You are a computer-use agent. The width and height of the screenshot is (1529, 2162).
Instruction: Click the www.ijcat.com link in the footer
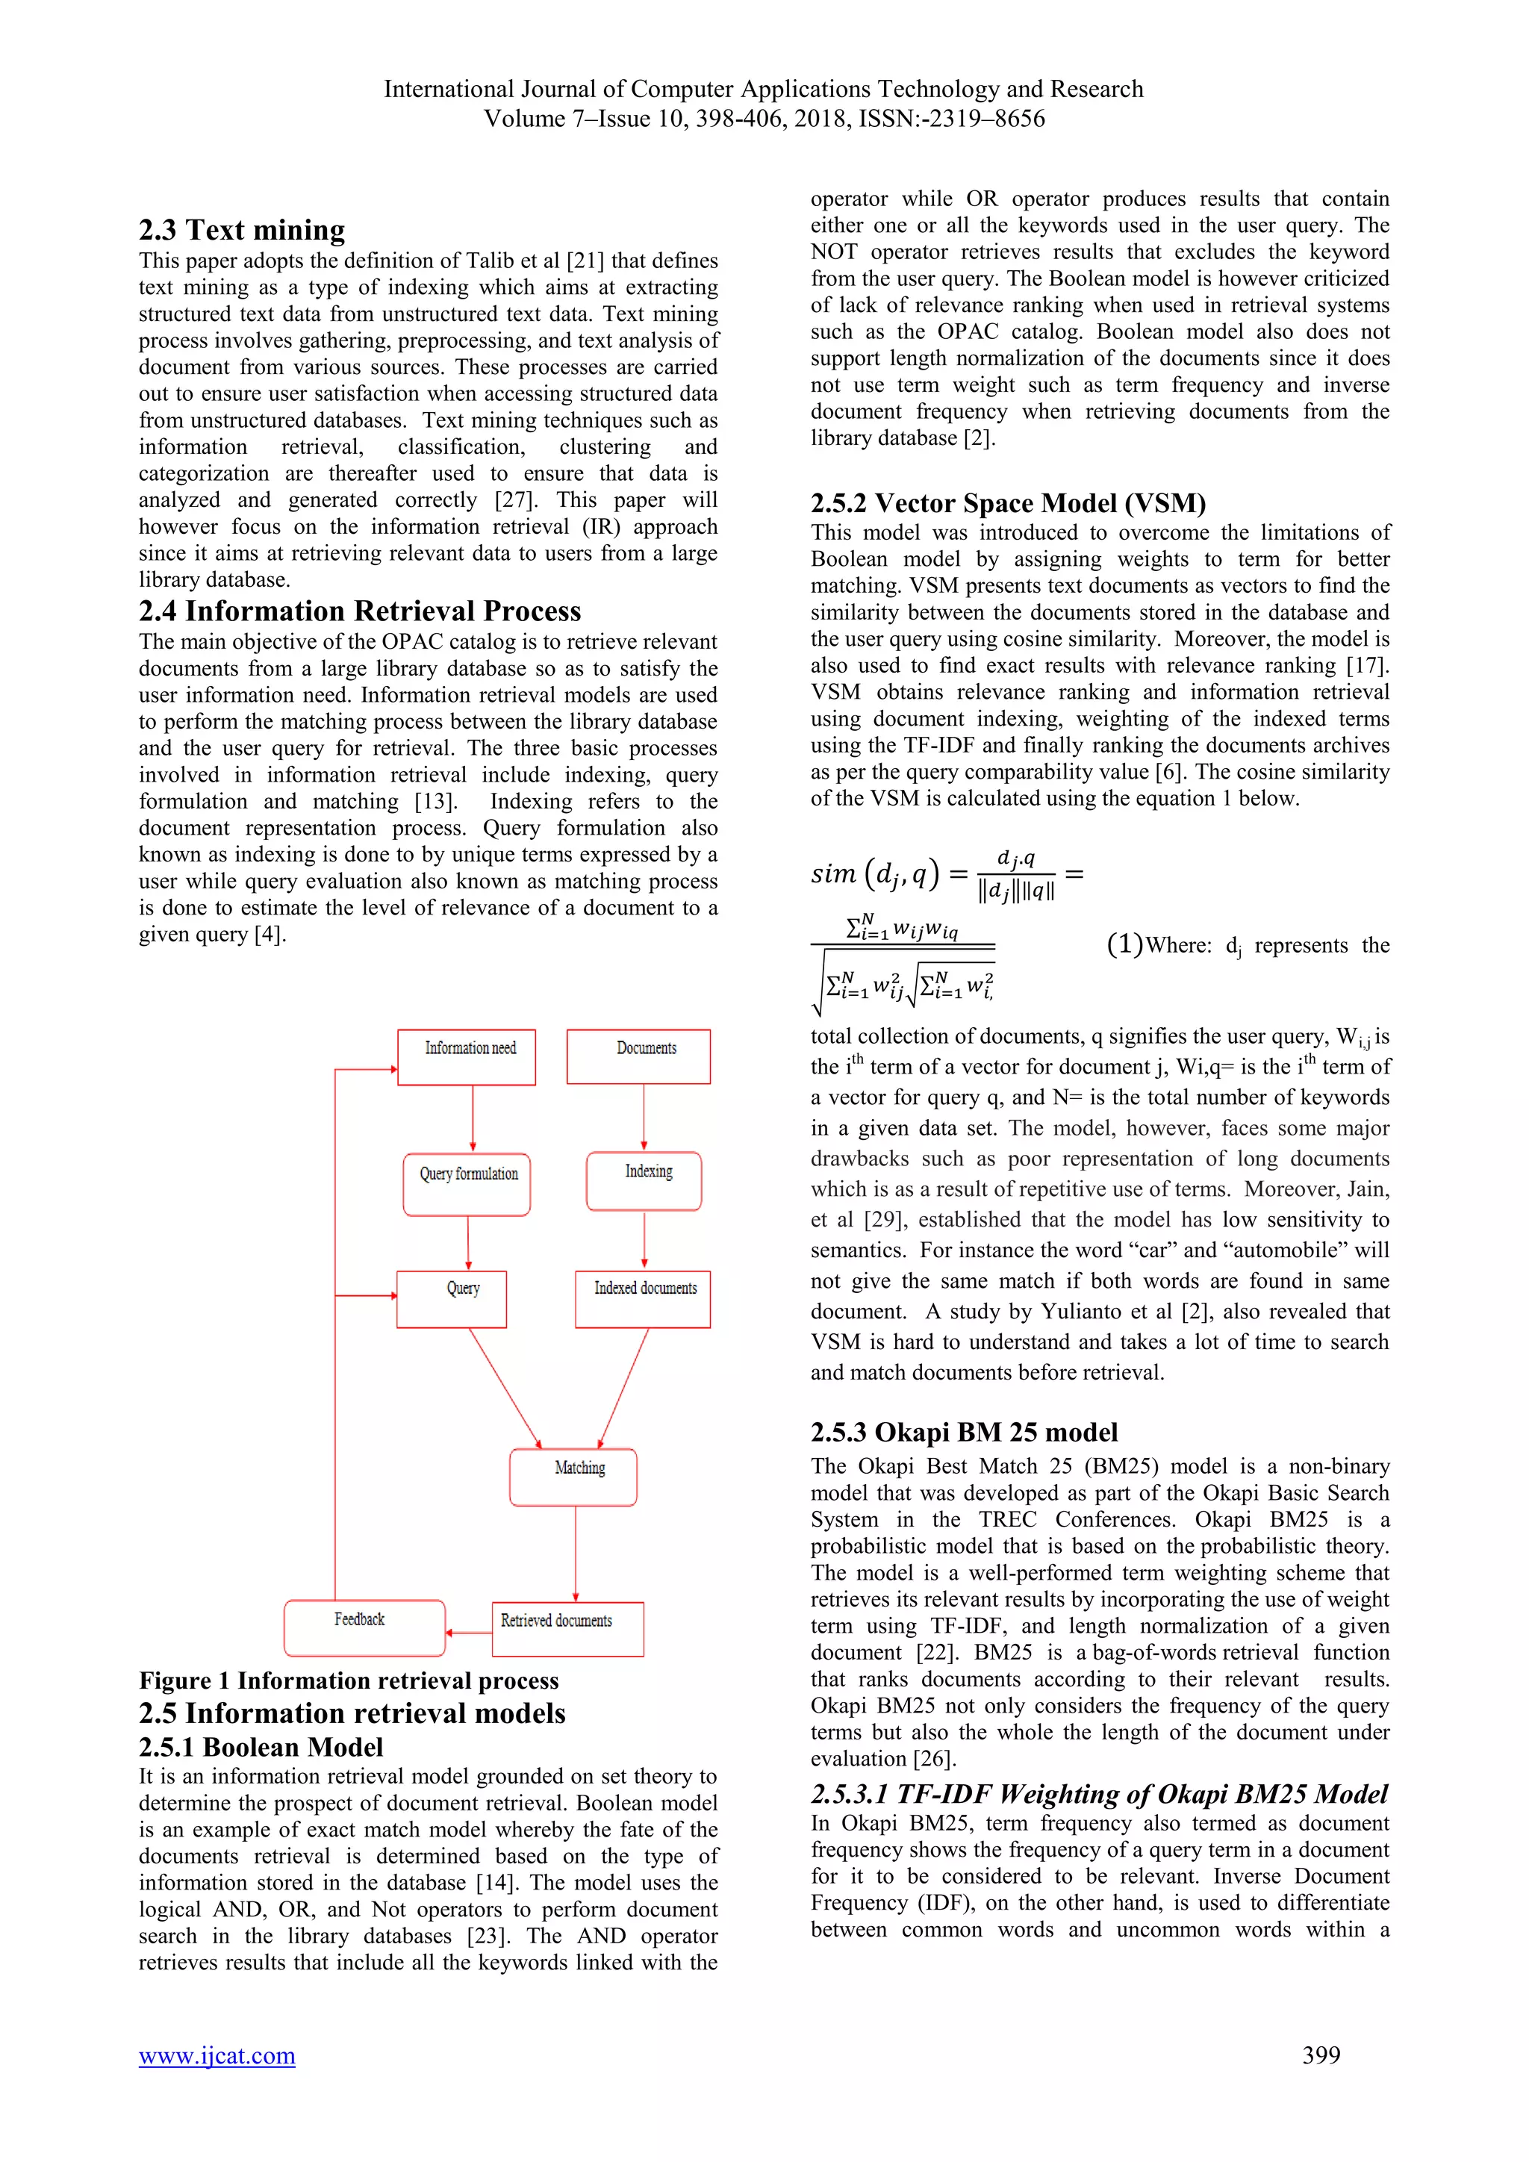[x=217, y=2055]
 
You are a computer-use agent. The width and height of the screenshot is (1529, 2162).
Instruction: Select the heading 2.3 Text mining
[x=242, y=230]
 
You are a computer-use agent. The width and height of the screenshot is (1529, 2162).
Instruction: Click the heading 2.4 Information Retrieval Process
[x=360, y=611]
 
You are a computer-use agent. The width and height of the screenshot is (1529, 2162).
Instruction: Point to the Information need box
[x=467, y=1056]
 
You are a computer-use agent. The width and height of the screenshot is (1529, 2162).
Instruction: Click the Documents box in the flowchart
[x=638, y=1056]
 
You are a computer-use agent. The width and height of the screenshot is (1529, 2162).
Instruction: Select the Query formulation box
[x=467, y=1183]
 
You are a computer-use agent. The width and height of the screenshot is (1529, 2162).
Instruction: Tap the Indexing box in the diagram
[x=644, y=1181]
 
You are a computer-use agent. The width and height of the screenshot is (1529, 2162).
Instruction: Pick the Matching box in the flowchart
[x=573, y=1477]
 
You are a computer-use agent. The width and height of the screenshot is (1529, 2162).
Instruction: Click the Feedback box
[x=364, y=1627]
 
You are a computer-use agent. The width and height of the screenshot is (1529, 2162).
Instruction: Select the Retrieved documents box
[x=567, y=1629]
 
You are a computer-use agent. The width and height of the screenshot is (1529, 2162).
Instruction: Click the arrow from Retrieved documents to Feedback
[x=468, y=1632]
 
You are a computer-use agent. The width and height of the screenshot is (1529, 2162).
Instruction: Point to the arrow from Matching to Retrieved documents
[x=576, y=1554]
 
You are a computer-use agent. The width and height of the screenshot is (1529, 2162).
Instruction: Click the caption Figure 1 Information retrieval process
[x=349, y=1680]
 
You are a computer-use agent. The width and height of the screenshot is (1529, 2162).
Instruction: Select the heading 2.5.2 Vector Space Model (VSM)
[x=1009, y=503]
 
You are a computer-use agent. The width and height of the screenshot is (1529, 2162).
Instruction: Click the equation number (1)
[x=1124, y=944]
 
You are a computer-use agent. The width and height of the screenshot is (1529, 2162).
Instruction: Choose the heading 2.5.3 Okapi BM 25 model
[x=964, y=1432]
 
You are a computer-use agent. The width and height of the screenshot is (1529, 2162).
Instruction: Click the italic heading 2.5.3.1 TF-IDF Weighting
[x=1100, y=1794]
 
